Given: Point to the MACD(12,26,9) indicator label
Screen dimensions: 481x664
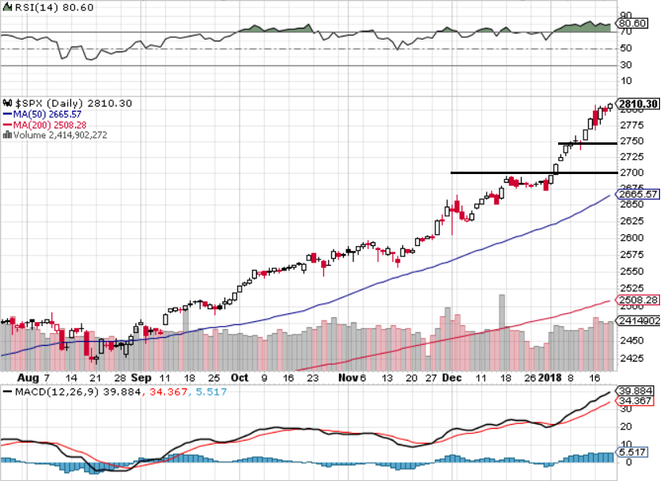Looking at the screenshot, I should (46, 391).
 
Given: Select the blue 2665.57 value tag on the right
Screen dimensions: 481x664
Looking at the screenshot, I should (636, 195).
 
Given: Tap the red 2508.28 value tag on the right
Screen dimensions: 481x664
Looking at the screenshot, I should (636, 301).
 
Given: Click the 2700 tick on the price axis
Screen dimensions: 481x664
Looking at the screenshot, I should (631, 172).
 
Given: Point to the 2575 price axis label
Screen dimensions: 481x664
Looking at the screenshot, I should (631, 255).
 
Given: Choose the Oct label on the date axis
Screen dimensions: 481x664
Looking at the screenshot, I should (240, 378).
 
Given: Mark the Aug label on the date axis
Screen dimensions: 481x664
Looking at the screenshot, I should (28, 378).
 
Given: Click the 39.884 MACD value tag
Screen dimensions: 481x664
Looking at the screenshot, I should (633, 391).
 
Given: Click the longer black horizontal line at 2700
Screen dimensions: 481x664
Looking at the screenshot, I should (506, 172).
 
